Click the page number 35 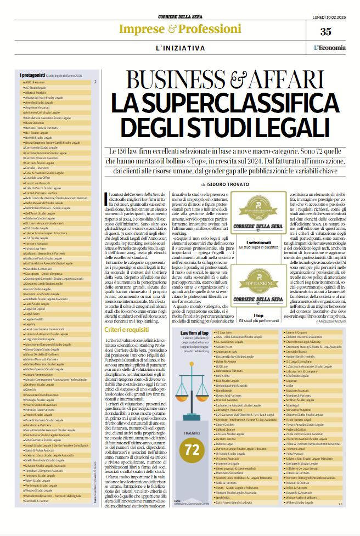tap(325, 31)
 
